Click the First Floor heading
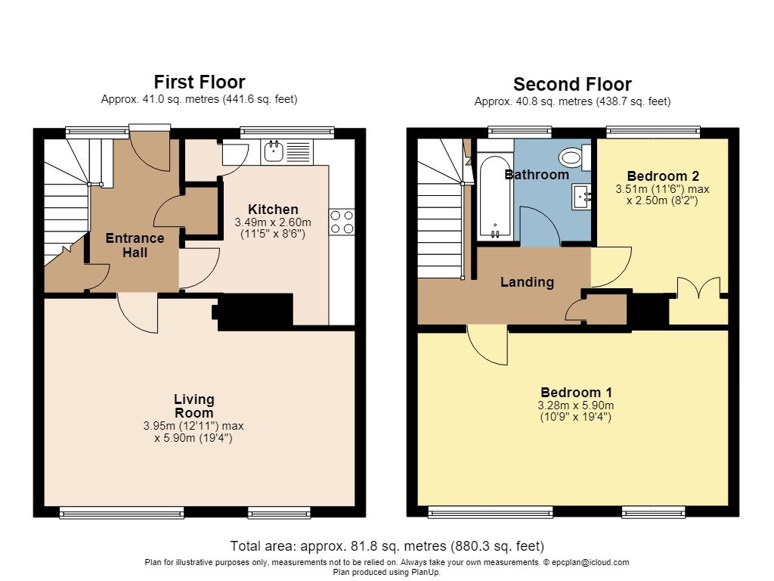pyautogui.click(x=200, y=82)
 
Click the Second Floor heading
pyautogui.click(x=572, y=85)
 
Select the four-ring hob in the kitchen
pyautogui.click(x=342, y=222)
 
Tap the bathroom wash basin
pyautogui.click(x=581, y=197)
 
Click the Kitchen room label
pyautogui.click(x=273, y=209)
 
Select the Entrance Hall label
pyautogui.click(x=135, y=245)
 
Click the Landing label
pyautogui.click(x=527, y=282)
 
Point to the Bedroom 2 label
pyautogui.click(x=663, y=176)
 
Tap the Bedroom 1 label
pyautogui.click(x=576, y=393)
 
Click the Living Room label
pyautogui.click(x=194, y=405)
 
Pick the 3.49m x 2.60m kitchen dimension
pyautogui.click(x=273, y=222)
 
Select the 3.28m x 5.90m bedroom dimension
pyautogui.click(x=576, y=405)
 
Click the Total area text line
pyautogui.click(x=387, y=546)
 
